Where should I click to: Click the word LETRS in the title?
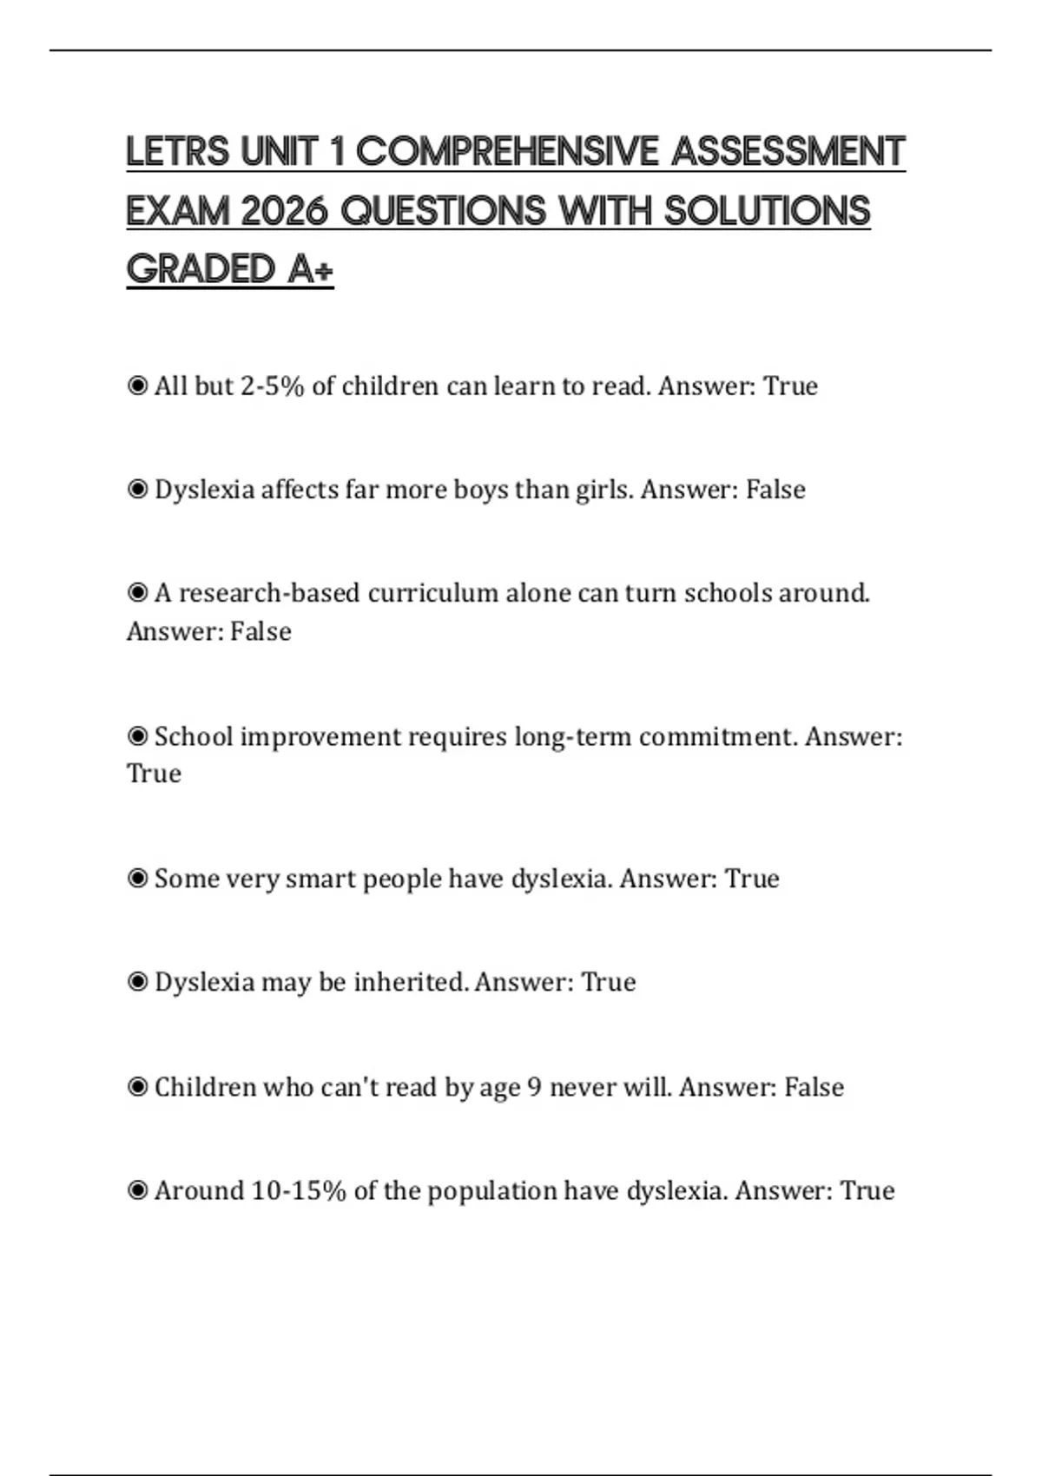click(178, 152)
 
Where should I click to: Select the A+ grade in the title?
click(310, 269)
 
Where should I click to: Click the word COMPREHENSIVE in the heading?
click(507, 152)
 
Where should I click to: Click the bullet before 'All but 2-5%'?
click(137, 385)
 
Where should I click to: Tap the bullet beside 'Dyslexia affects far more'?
click(137, 490)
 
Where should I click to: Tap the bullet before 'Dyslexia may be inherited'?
click(137, 982)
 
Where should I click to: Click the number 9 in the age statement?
click(535, 1087)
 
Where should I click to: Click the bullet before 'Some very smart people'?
click(137, 879)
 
